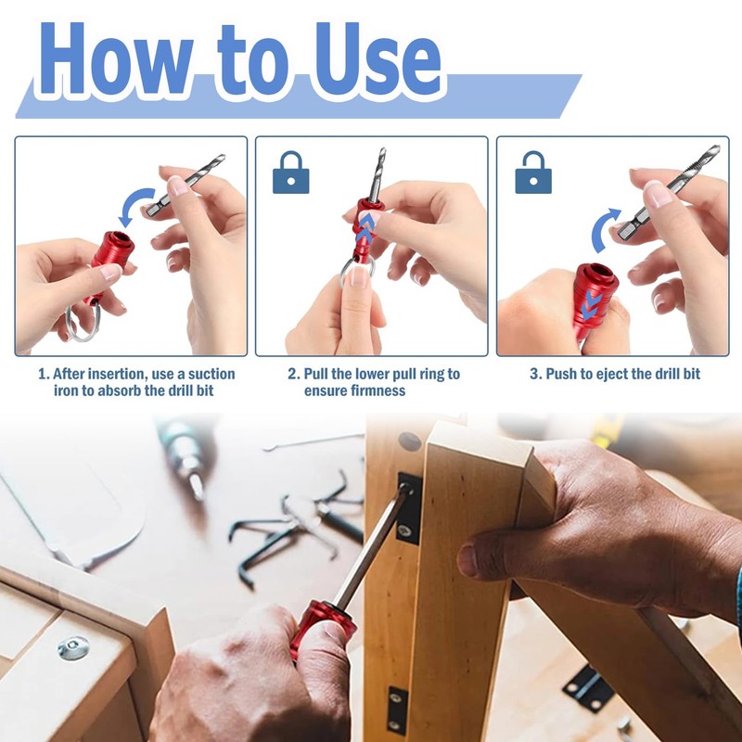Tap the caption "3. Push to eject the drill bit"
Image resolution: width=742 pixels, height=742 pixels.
[614, 375]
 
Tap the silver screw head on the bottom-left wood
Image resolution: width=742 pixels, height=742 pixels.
[72, 647]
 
